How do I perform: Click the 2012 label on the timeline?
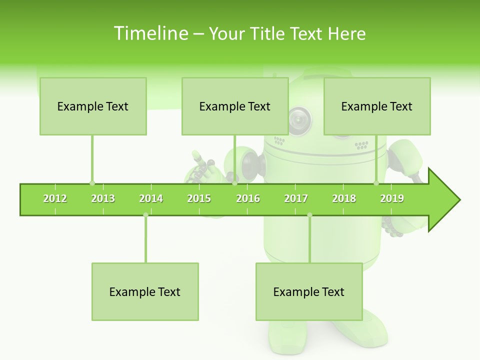(x=55, y=198)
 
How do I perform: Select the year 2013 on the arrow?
(x=103, y=198)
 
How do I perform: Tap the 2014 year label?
(x=151, y=198)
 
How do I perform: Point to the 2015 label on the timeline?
(x=199, y=198)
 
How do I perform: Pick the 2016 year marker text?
(x=248, y=198)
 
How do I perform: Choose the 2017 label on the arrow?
(x=296, y=198)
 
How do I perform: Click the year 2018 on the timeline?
(x=344, y=198)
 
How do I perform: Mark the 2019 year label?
(x=392, y=198)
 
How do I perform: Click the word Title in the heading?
(x=268, y=33)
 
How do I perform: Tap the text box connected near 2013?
(x=93, y=106)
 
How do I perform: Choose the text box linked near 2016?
(x=235, y=106)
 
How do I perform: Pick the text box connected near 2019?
(x=377, y=106)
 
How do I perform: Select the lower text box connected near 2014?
(x=145, y=291)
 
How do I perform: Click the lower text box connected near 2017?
(x=309, y=291)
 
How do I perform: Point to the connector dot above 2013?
(x=92, y=183)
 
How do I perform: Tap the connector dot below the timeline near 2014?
(x=145, y=215)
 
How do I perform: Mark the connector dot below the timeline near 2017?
(x=309, y=215)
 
